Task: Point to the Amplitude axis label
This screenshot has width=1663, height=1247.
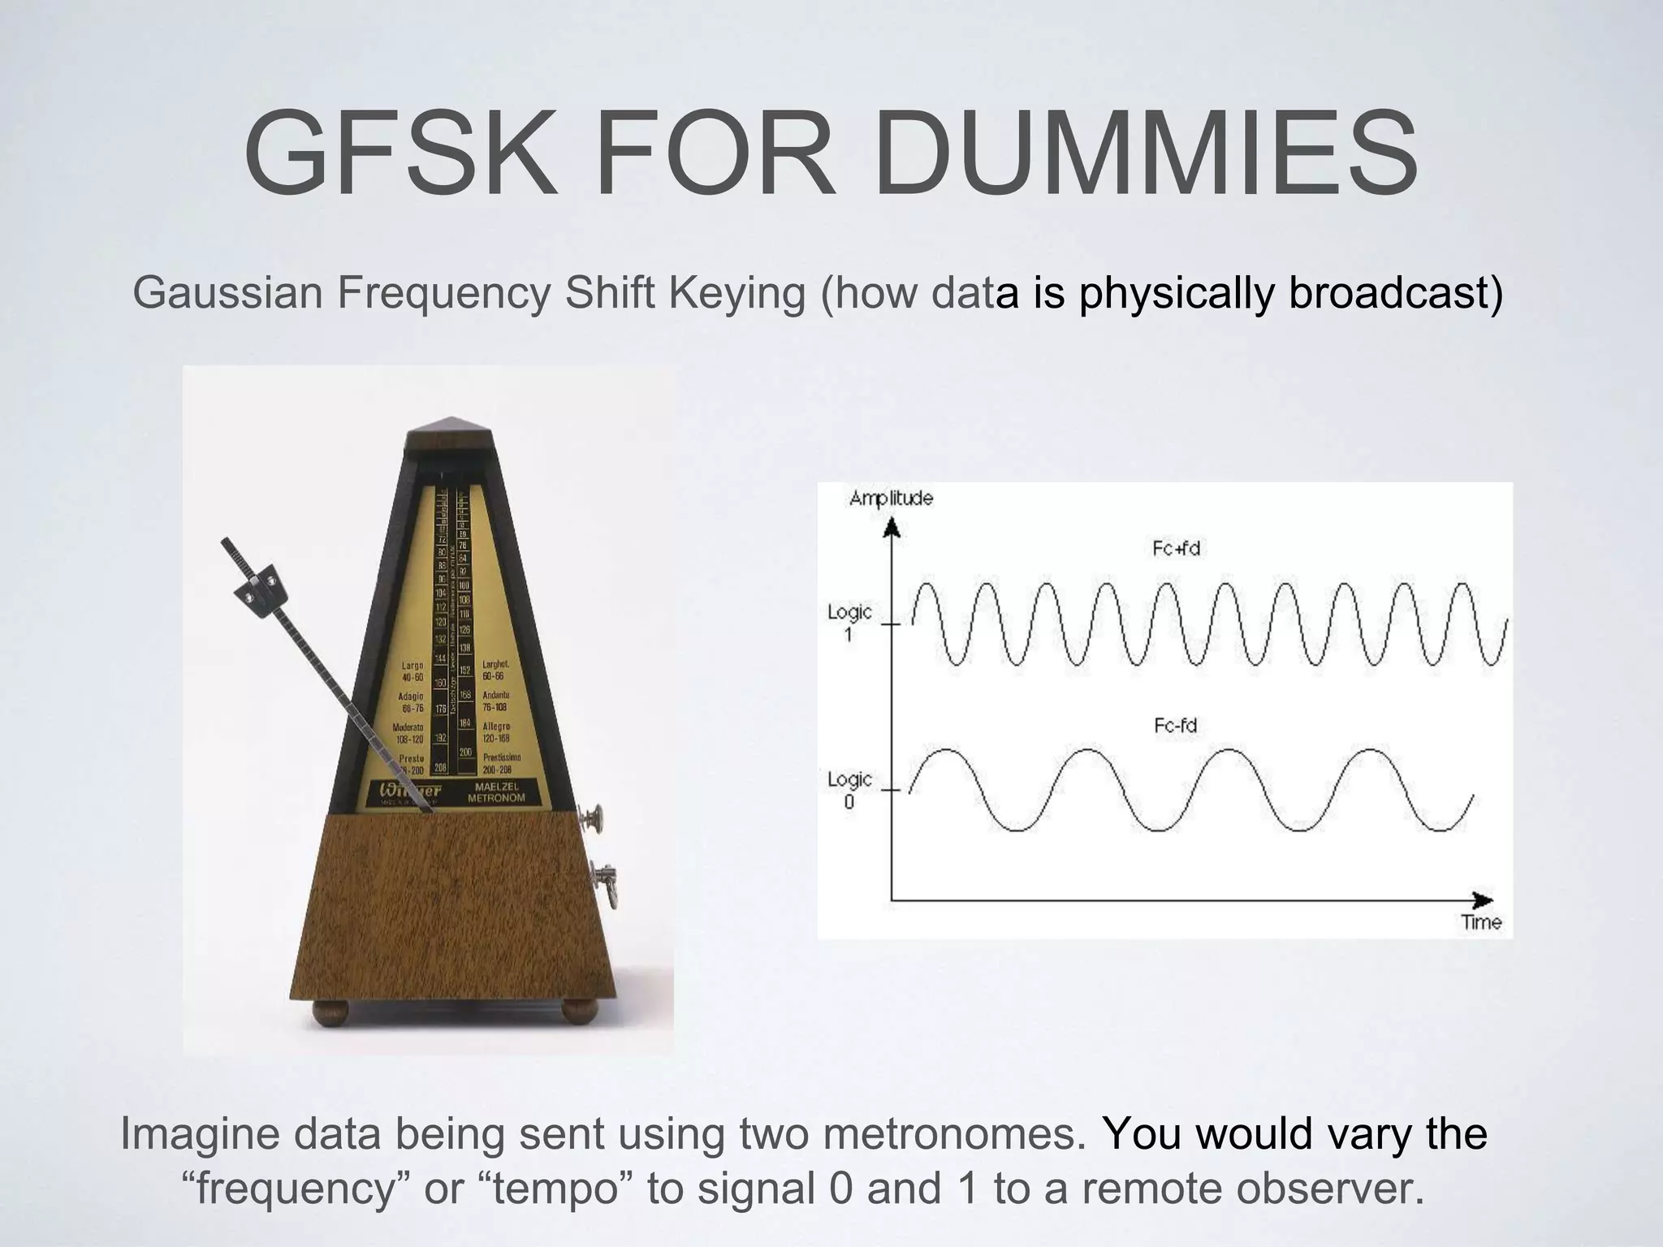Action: point(891,498)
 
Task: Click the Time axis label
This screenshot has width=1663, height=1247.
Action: point(1481,922)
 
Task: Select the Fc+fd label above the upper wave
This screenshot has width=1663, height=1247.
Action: point(1176,549)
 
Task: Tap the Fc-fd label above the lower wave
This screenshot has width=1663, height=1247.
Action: point(1176,725)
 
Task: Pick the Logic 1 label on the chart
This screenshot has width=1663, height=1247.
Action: point(849,621)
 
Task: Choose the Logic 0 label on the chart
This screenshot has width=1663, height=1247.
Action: point(849,789)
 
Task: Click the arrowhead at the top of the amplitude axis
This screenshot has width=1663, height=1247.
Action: point(892,529)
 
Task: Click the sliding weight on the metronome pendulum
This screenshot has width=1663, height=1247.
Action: point(261,589)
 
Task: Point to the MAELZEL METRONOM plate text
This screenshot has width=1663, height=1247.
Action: point(496,792)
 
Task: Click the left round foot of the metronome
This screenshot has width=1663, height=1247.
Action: point(330,1011)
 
